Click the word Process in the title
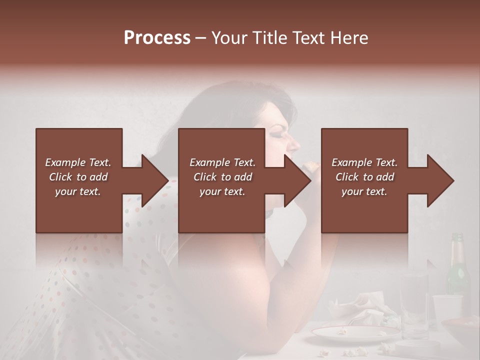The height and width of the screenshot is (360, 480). pos(157,38)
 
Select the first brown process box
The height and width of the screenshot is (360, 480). pos(79,180)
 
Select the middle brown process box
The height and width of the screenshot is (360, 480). pos(221,180)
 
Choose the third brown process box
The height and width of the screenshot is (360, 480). pos(364,180)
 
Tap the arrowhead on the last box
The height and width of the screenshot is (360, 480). pos(439,180)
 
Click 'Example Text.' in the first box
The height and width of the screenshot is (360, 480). pos(78,162)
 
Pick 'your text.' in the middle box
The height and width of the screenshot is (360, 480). pos(222,191)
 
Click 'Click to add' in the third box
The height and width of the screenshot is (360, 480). pos(364,177)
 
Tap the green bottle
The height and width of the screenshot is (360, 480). pos(457,270)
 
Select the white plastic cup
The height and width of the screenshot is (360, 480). pos(446,310)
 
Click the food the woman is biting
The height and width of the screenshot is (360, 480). pos(311,165)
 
